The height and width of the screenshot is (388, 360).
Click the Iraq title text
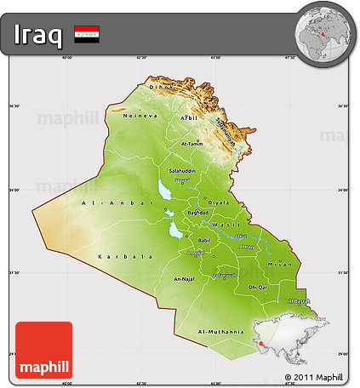tap(38, 35)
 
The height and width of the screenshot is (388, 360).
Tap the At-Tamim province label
tap(194, 145)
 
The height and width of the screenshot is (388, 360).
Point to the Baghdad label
tap(197, 212)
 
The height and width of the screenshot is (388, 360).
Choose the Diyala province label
tap(220, 203)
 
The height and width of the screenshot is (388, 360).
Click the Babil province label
tap(203, 241)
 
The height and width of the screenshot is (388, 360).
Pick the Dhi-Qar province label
tap(258, 288)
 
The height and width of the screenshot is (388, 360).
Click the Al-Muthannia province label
tap(220, 331)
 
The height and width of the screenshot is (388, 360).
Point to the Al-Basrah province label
tap(300, 301)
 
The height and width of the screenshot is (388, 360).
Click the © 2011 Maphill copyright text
tap(315, 376)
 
